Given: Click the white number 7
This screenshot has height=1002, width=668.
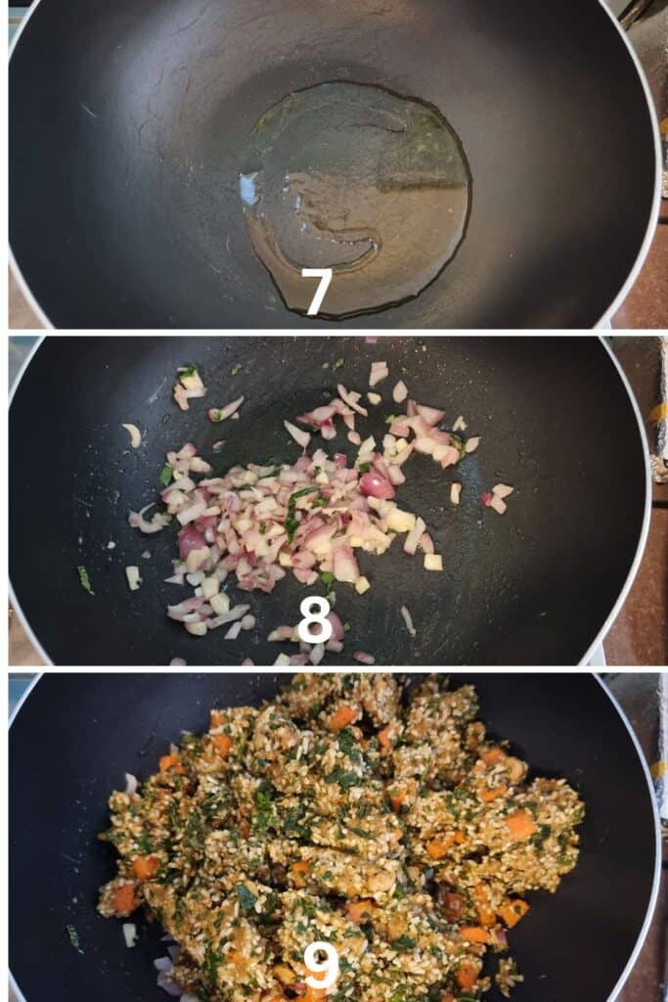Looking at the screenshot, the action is (x=317, y=292).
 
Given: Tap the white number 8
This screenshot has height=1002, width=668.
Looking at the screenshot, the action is (x=315, y=618).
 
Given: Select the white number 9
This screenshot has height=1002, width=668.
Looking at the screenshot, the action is (x=321, y=966).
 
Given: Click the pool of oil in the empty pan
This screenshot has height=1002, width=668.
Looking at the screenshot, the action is (x=355, y=198).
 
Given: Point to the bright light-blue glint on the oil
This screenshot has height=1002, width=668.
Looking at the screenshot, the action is (x=249, y=189).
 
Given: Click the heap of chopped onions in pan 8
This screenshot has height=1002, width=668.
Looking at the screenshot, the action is (x=306, y=511).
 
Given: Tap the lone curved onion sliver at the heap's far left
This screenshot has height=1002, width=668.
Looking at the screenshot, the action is (x=133, y=434).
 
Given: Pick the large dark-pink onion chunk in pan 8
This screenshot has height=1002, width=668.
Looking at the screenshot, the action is (x=377, y=485).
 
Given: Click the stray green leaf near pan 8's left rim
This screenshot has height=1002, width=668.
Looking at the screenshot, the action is (x=85, y=579).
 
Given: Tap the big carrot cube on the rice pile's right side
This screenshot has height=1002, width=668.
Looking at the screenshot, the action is (x=520, y=824).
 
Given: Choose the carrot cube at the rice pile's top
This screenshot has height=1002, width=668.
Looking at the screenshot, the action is (x=341, y=719).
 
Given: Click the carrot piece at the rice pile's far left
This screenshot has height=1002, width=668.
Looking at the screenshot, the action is (x=124, y=898).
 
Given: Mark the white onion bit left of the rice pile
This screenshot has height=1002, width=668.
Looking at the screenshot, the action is (x=130, y=934).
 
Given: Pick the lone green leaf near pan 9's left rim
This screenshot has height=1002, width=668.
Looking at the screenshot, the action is (x=74, y=937).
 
